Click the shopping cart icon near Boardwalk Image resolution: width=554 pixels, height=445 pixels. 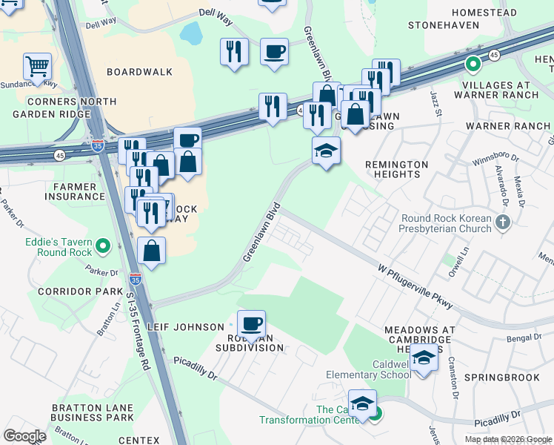37,67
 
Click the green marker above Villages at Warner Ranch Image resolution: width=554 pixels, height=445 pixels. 472,65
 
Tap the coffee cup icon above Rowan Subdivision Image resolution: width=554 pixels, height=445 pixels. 251,323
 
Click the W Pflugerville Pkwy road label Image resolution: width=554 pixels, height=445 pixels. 415,283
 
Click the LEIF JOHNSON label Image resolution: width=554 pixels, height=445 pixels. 186,327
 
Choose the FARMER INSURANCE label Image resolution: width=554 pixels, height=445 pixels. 74,191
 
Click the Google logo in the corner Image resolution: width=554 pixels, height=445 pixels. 24,436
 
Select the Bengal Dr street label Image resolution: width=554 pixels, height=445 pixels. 526,338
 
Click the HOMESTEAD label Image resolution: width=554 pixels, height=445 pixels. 483,13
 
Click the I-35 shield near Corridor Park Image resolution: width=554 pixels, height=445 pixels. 135,279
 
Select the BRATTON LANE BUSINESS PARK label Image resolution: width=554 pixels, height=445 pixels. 93,413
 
